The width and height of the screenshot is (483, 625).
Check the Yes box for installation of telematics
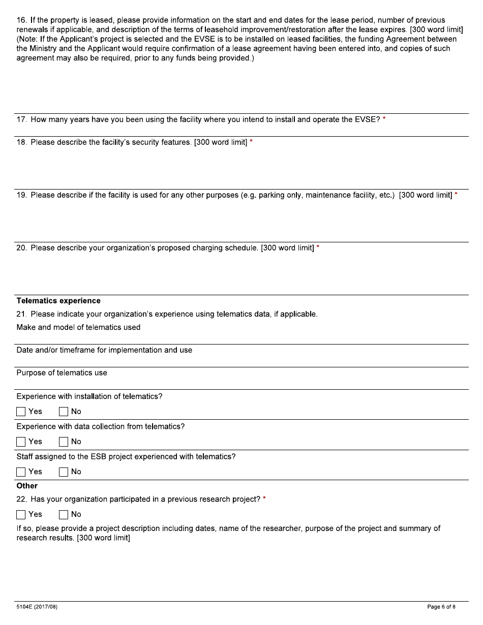pyautogui.click(x=21, y=412)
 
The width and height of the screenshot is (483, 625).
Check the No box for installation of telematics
pyautogui.click(x=64, y=412)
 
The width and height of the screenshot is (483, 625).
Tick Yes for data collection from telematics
pyautogui.click(x=21, y=442)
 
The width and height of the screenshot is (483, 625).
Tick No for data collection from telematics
pyautogui.click(x=64, y=442)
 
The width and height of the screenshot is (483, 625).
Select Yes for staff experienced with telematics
pyautogui.click(x=21, y=472)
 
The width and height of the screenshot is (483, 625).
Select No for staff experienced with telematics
pyautogui.click(x=64, y=472)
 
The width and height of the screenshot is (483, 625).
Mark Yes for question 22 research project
pyautogui.click(x=21, y=514)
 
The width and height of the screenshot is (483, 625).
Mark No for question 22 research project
pyautogui.click(x=64, y=514)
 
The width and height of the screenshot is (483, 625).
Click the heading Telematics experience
pyautogui.click(x=58, y=301)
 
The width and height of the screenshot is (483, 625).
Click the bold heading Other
pyautogui.click(x=27, y=486)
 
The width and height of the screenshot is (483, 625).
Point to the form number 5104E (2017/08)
pyautogui.click(x=37, y=607)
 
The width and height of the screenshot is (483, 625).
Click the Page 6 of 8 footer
pyautogui.click(x=441, y=607)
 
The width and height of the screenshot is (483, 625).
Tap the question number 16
pyautogui.click(x=21, y=20)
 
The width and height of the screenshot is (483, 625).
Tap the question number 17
pyautogui.click(x=21, y=120)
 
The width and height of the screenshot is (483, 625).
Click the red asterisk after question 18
pyautogui.click(x=251, y=142)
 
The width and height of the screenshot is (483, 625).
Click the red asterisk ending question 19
pyautogui.click(x=456, y=195)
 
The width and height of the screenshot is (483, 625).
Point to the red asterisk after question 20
pyautogui.click(x=318, y=247)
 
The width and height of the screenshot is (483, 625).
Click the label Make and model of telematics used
pyautogui.click(x=78, y=327)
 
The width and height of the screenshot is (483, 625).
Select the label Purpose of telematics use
pyautogui.click(x=62, y=373)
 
